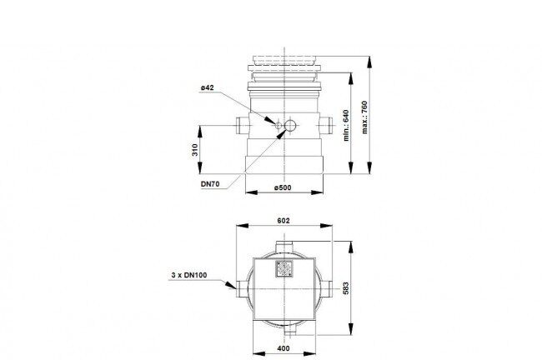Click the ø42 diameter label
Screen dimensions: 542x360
[208, 87]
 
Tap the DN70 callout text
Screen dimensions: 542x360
[210, 184]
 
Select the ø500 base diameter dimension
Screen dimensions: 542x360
[283, 187]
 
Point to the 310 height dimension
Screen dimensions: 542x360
[195, 150]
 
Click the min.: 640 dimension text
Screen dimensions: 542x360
[346, 125]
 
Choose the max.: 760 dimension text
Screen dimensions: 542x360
[364, 117]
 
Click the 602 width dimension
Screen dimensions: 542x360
[284, 221]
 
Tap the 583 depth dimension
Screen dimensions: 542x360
[346, 288]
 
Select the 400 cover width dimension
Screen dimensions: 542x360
[284, 348]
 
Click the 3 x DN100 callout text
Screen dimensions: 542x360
[189, 275]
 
